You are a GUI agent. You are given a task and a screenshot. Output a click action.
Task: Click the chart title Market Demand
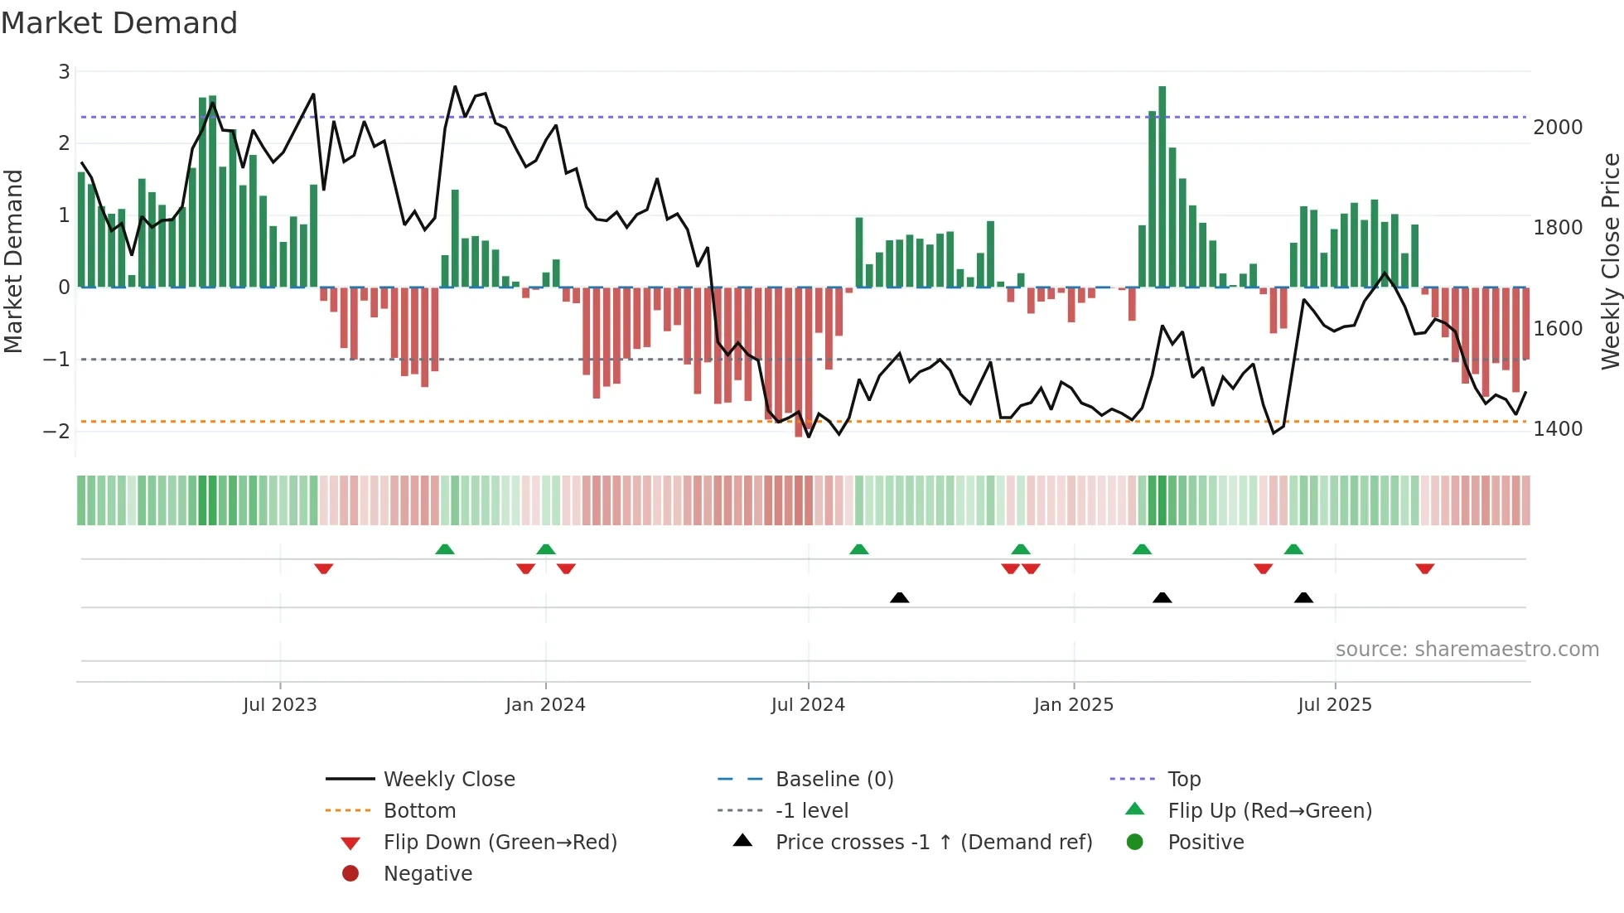click(119, 23)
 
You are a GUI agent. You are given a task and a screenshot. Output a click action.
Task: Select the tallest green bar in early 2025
click(1162, 186)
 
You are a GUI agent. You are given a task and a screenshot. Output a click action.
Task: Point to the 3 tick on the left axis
click(64, 72)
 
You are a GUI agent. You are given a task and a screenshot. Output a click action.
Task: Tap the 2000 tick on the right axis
click(1557, 128)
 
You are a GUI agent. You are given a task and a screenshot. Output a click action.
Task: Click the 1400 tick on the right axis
click(1557, 429)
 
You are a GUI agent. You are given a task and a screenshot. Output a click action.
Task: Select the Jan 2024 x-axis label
click(545, 705)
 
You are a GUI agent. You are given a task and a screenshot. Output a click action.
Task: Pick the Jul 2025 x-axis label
click(1334, 705)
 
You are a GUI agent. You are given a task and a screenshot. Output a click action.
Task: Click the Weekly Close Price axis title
click(1609, 261)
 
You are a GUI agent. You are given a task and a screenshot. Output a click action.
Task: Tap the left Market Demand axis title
click(13, 261)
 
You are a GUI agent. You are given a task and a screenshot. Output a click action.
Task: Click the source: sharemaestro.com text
click(1467, 650)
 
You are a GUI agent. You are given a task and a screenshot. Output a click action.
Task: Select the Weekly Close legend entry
click(448, 780)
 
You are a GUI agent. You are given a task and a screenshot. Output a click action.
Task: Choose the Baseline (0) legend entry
click(834, 780)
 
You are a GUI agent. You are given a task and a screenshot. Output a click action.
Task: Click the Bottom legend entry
click(419, 811)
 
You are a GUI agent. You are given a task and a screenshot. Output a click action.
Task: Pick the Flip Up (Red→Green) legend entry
click(1269, 811)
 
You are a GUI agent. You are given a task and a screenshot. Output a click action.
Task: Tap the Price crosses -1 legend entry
click(933, 843)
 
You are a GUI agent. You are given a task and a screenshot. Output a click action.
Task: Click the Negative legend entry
click(428, 874)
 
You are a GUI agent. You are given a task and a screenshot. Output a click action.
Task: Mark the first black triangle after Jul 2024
click(899, 597)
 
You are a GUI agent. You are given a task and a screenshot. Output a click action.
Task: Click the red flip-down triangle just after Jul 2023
click(324, 568)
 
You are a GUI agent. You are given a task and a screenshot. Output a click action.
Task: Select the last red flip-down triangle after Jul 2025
click(1424, 568)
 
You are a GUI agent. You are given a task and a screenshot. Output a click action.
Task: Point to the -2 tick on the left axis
click(57, 432)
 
